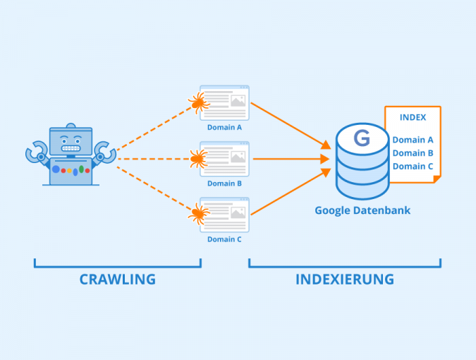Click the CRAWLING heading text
coord(117,279)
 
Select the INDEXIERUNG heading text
coord(344,279)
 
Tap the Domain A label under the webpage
coord(224,128)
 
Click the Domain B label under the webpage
coord(224,184)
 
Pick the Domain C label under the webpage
coord(224,239)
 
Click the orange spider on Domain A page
coord(199,104)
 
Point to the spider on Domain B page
coord(198,159)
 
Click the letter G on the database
coord(361,138)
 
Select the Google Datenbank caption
coord(362,210)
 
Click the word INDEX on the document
coord(413,117)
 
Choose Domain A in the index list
coord(413,140)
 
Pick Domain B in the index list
coord(413,152)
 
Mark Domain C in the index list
coord(413,166)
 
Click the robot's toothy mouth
coord(71,148)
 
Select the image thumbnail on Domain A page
coord(238,101)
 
